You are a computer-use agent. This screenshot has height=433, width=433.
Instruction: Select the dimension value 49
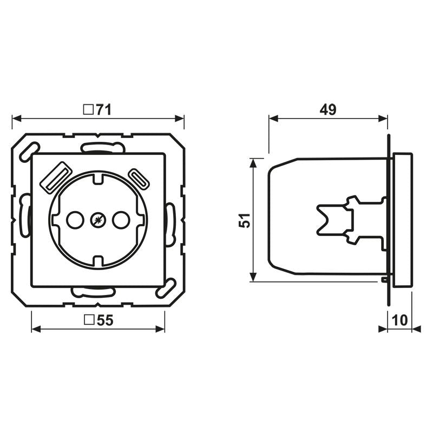(327, 110)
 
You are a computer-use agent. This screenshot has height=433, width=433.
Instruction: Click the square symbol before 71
(87, 110)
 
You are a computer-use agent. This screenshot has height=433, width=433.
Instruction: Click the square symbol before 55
(89, 321)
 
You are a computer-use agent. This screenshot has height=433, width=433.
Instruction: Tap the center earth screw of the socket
(98, 220)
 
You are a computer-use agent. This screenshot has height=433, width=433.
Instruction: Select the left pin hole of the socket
(74, 220)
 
